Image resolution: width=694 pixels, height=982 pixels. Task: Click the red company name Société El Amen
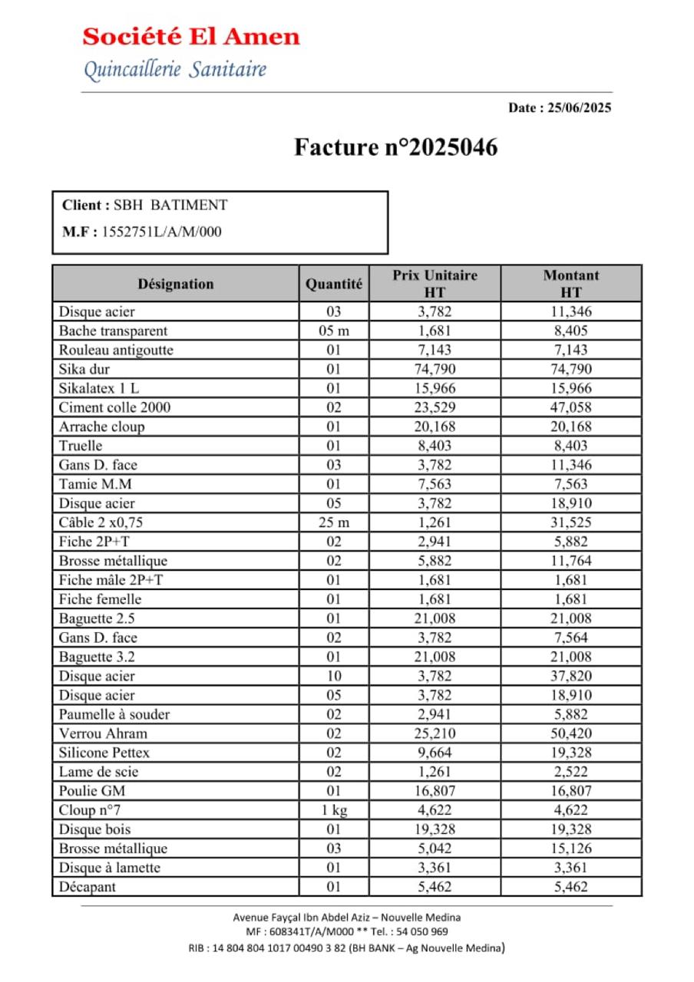coord(191,36)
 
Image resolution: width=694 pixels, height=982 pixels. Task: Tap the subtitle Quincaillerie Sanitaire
coord(175,70)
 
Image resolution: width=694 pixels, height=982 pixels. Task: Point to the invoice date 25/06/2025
coord(580,108)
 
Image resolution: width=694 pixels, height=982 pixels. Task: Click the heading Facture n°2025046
coord(395,147)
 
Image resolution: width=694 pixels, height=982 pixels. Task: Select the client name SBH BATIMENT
coord(170,206)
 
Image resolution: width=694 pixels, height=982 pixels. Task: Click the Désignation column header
coord(176,284)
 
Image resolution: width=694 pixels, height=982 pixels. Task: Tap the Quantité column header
coord(334,284)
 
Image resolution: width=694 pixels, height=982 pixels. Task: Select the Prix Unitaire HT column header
coord(435,283)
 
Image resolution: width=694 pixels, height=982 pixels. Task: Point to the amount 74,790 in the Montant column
coord(570,369)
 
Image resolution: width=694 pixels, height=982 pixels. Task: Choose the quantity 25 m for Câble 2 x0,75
coord(334,522)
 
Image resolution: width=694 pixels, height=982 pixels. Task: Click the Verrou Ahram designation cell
coord(103,733)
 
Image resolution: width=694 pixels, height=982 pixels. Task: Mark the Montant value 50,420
coord(570,733)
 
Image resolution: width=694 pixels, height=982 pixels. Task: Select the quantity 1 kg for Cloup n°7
coord(334,810)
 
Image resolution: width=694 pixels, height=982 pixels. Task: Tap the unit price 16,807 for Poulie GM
coord(435,791)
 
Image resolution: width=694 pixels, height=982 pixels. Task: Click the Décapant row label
coord(88,887)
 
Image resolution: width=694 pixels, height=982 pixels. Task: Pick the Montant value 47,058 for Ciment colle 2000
coord(570,407)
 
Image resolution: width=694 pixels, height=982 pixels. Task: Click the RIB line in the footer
coord(346,948)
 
